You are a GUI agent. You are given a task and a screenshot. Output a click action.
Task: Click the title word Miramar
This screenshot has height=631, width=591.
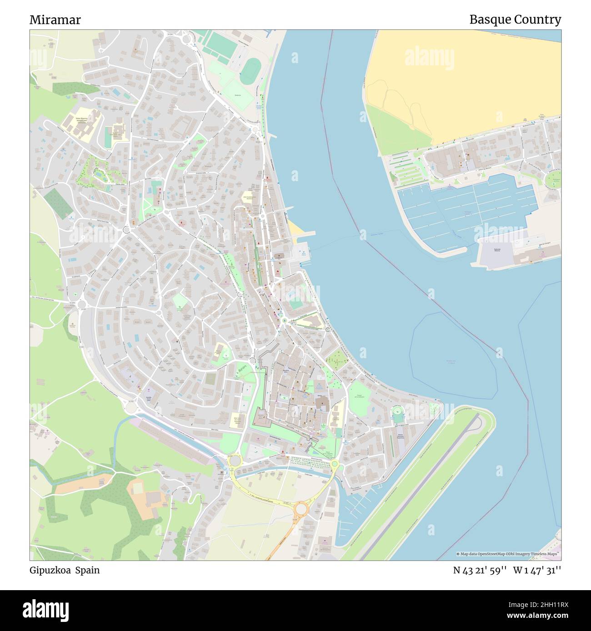(55, 20)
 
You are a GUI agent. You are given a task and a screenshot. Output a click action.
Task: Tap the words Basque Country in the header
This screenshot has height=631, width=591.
(515, 20)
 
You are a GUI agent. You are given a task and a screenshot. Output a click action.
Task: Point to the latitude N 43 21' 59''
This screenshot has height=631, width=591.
(480, 570)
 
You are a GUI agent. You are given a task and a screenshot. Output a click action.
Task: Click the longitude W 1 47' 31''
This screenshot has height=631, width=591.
(537, 570)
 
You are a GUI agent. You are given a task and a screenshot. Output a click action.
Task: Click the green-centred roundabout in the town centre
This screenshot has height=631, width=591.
(285, 320)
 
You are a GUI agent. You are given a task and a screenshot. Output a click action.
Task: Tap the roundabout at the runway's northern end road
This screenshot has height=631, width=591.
(335, 463)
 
